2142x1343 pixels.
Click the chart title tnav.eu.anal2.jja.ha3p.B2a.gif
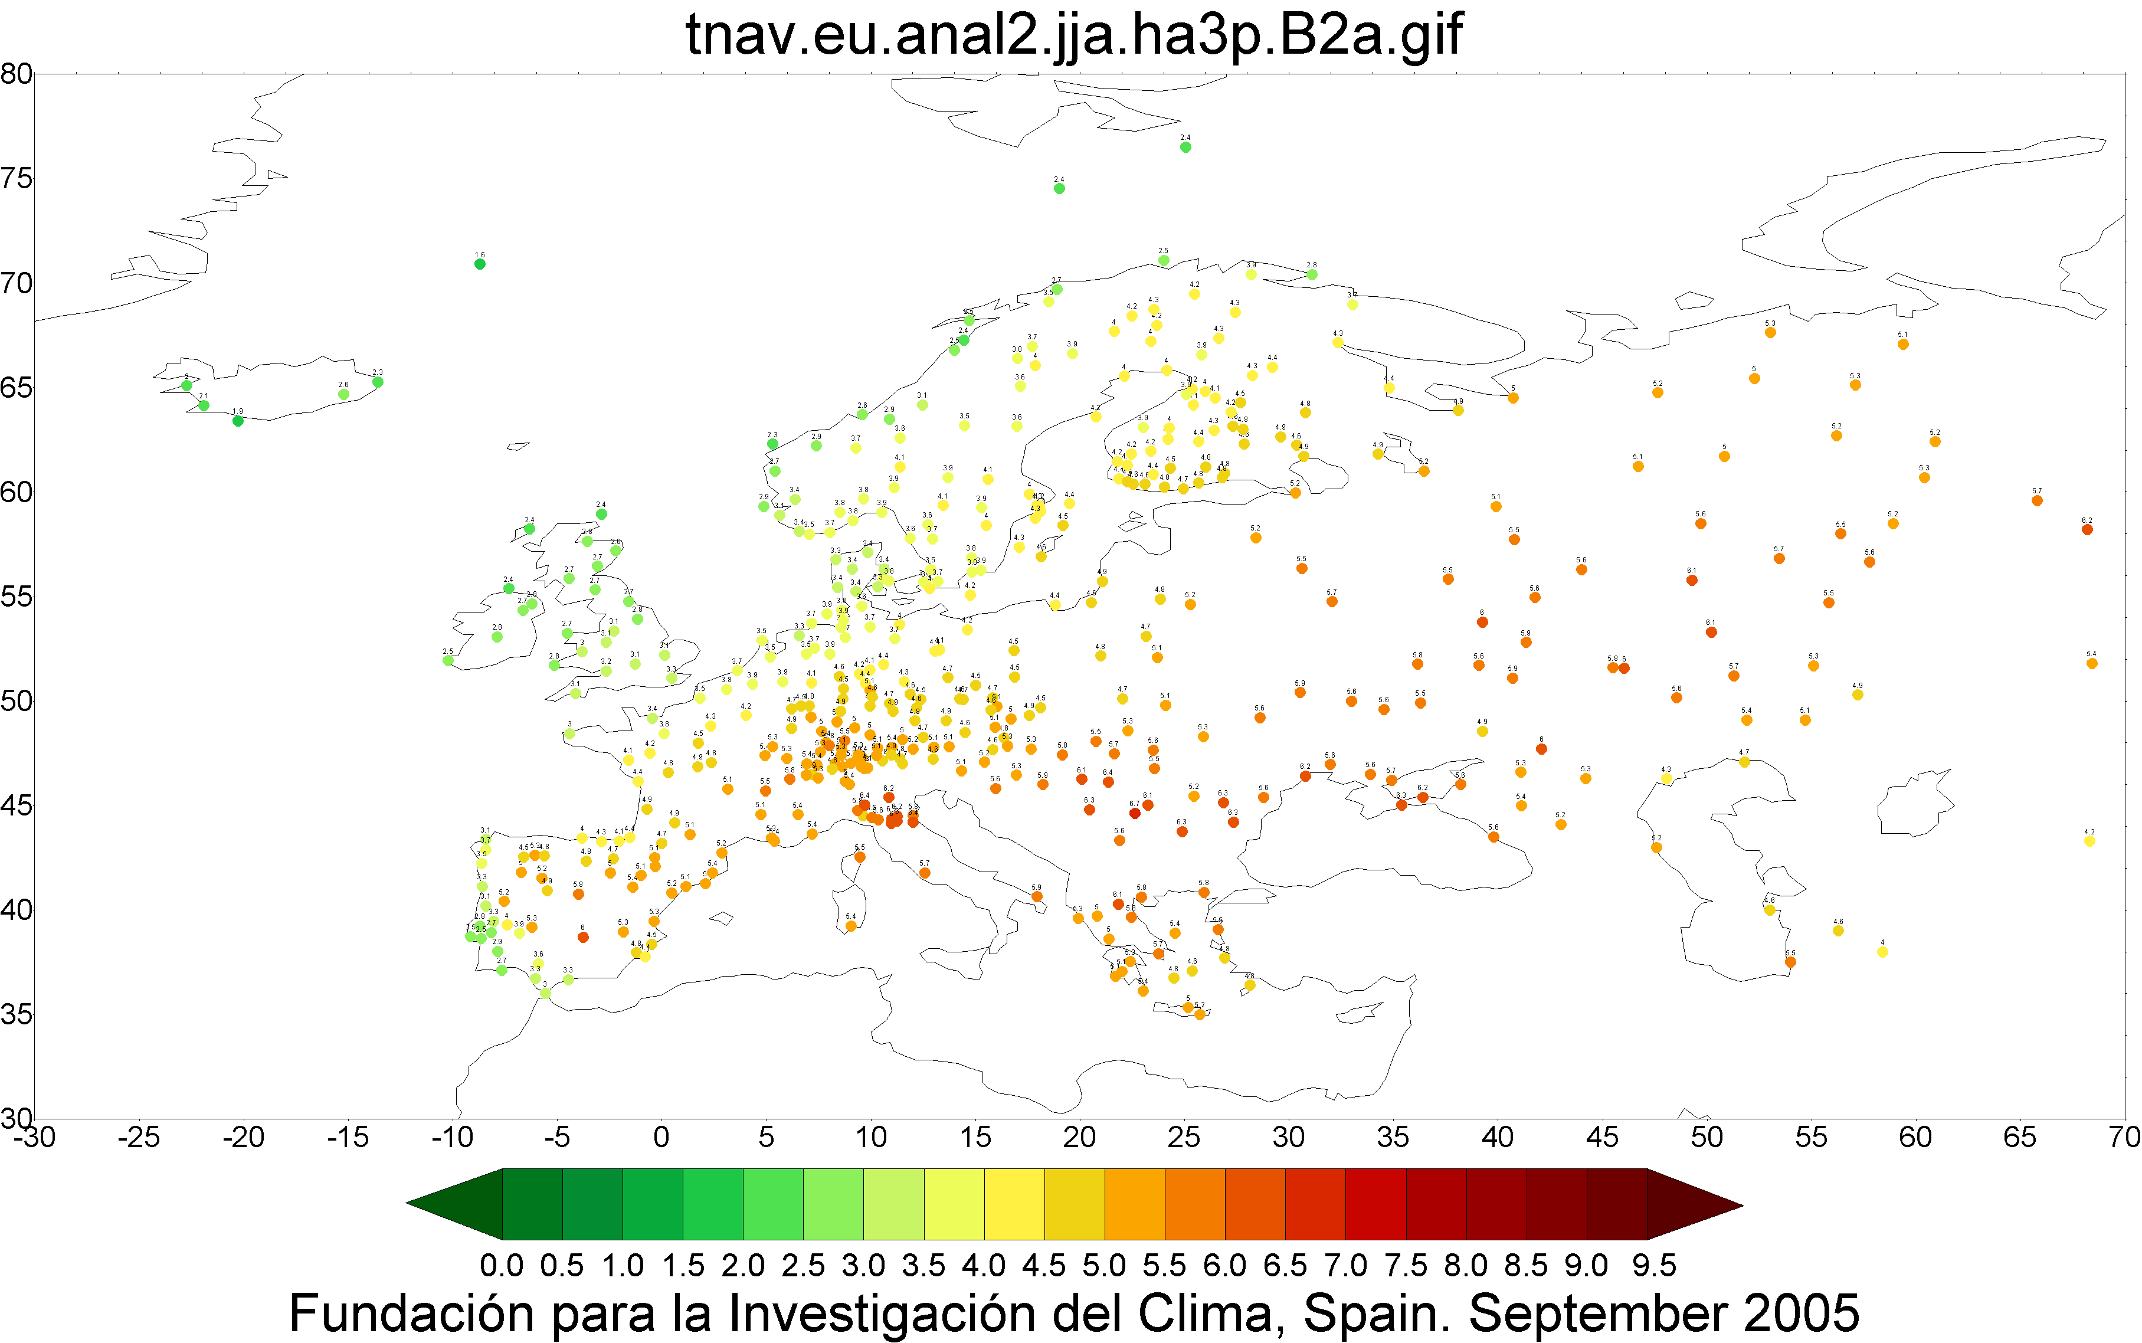click(1073, 35)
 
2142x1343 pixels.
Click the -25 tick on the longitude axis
click(139, 1137)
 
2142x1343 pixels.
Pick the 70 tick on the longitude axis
click(2124, 1137)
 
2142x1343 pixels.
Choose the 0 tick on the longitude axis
click(661, 1137)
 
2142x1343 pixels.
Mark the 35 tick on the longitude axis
click(1393, 1137)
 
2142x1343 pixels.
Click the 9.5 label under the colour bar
click(1653, 1265)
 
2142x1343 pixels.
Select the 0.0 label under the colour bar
click(502, 1265)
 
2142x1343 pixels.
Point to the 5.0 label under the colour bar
click(1104, 1265)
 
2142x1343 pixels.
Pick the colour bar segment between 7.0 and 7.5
click(1375, 1204)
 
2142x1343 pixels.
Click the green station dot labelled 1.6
click(480, 264)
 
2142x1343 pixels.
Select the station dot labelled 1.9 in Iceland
click(238, 421)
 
